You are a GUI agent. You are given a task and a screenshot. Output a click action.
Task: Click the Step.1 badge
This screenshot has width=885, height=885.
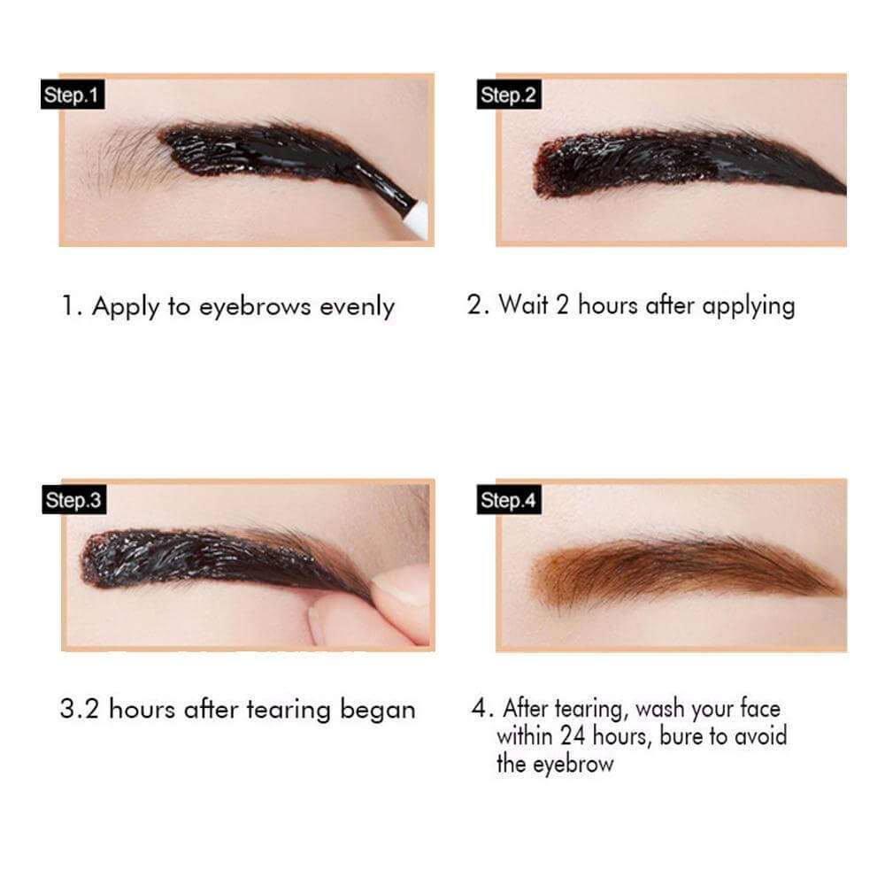[x=73, y=95]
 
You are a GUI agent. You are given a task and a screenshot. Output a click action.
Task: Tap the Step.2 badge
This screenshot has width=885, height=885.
[x=509, y=95]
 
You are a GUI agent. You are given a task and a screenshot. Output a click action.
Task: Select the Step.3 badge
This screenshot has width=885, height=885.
[x=74, y=499]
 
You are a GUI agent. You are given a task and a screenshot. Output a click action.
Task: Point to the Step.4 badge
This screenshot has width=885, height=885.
[x=509, y=499]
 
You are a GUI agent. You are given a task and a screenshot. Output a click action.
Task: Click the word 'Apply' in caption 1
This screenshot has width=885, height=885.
[x=126, y=308]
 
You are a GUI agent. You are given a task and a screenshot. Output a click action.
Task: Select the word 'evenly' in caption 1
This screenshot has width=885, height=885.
[x=358, y=308]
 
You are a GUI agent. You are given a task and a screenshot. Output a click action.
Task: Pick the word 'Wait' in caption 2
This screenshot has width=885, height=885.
[x=523, y=304]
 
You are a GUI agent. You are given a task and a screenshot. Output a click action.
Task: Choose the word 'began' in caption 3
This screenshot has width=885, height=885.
[x=378, y=710]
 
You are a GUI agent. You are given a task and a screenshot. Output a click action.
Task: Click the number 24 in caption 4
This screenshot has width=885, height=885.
[x=573, y=736]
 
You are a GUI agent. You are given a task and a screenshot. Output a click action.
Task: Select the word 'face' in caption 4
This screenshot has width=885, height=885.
[x=759, y=708]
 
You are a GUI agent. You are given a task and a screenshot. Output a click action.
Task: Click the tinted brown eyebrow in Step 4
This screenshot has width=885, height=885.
[x=686, y=569]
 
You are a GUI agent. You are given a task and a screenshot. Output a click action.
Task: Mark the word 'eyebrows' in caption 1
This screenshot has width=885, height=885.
[x=255, y=308]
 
